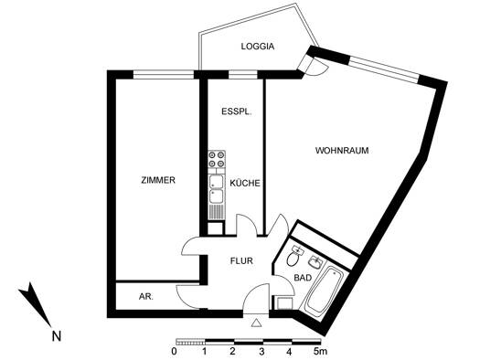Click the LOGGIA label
258,47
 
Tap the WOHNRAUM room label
342,151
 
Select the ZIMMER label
158,180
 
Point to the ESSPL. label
237,111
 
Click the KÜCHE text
245,183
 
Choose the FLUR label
241,261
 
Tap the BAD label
303,278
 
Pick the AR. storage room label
146,297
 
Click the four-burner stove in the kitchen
217,159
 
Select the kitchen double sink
217,189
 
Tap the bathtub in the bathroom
324,290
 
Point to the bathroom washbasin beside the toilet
315,262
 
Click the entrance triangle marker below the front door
256,323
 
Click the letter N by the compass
57,336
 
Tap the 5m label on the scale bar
320,352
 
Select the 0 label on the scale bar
174,352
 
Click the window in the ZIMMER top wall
164,75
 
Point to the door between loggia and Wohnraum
313,66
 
